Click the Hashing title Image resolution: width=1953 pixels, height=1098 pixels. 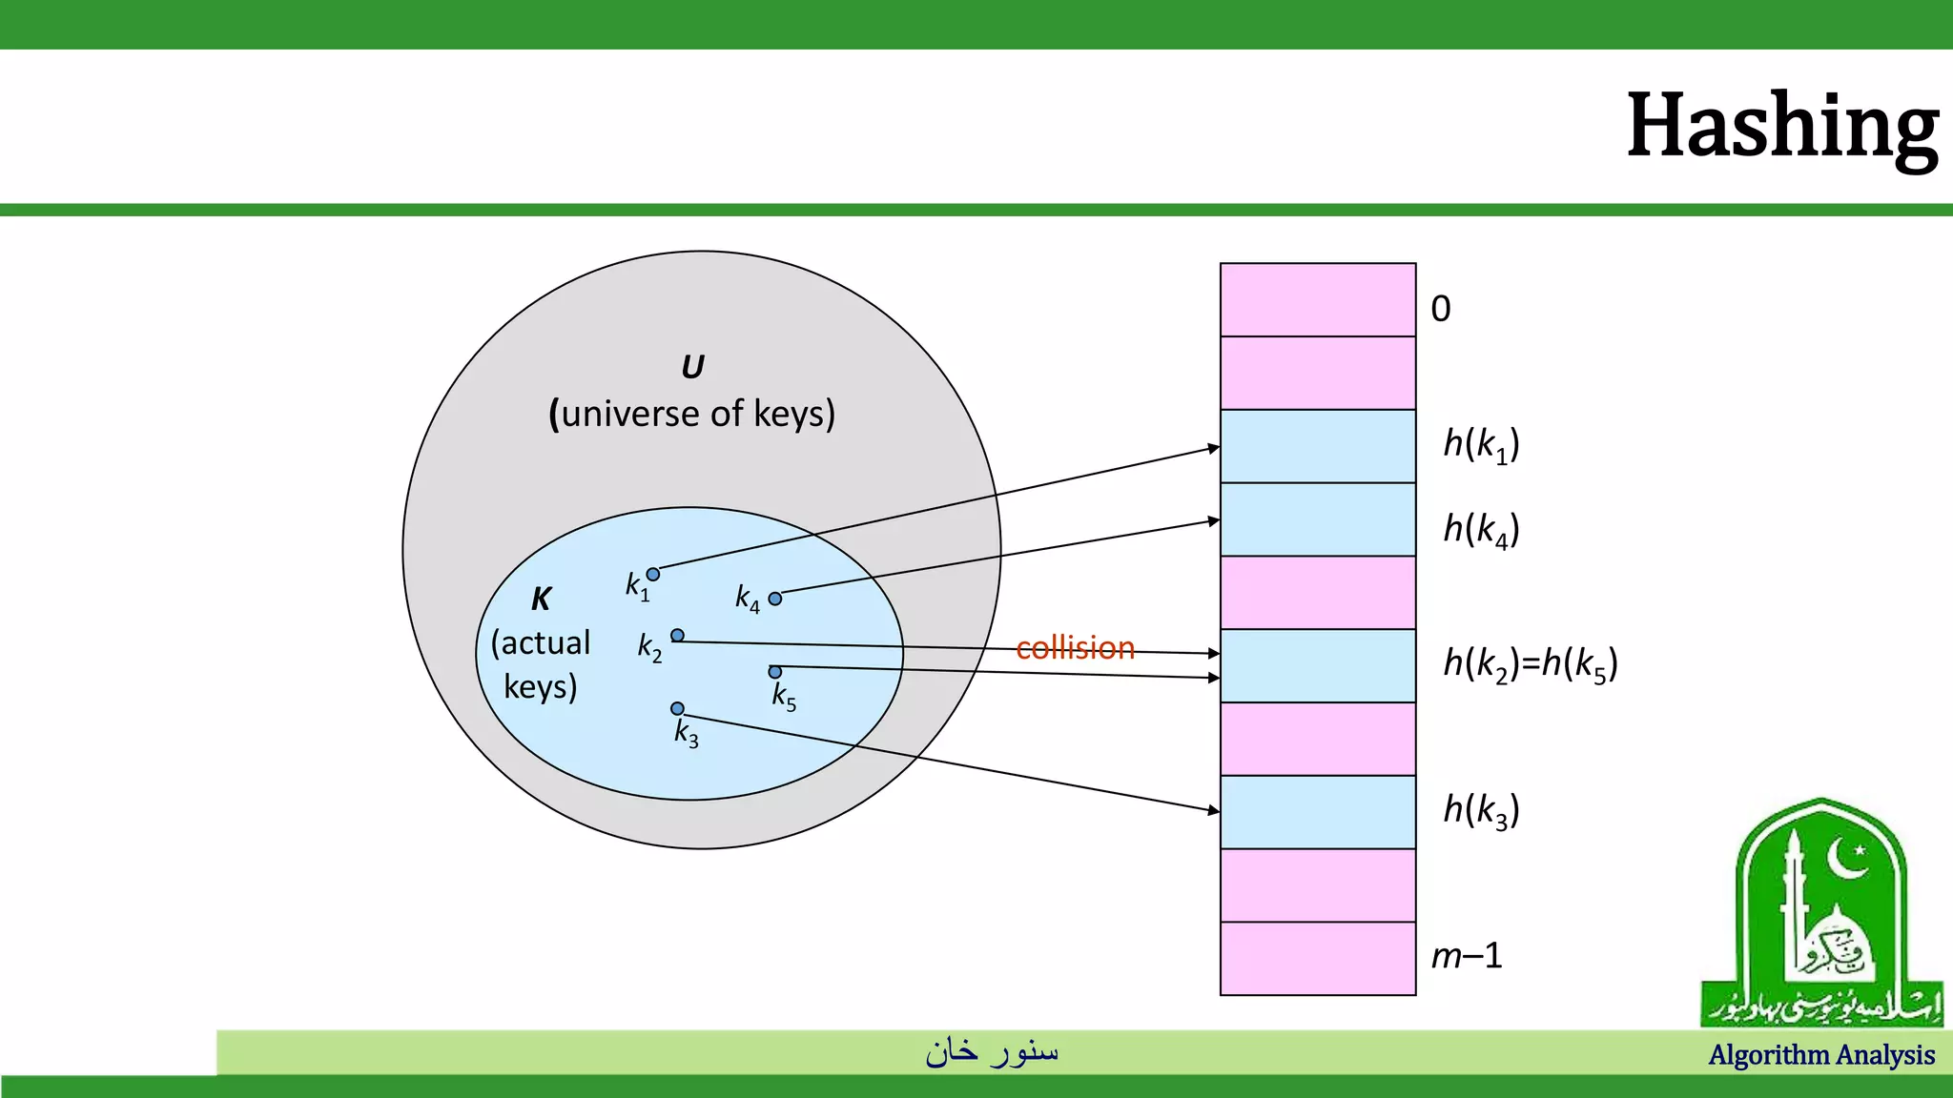pos(1781,127)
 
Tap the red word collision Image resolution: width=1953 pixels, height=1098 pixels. pos(1075,648)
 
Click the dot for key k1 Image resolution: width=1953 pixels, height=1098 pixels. pos(653,574)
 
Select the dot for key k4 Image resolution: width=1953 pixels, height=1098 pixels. pos(775,599)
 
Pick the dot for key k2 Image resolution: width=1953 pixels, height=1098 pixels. pos(677,635)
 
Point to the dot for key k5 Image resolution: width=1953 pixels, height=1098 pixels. pos(775,672)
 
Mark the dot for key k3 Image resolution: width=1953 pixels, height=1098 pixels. pos(677,708)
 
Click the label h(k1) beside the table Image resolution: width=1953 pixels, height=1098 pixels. pos(1481,444)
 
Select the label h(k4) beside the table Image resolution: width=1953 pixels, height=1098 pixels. pos(1481,529)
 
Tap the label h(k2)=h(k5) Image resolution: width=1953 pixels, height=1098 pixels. pos(1531,663)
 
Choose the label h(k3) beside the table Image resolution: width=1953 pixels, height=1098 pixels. pos(1481,810)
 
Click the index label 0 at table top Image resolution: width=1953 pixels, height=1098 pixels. pos(1440,309)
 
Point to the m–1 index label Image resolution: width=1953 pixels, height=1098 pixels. pos(1467,955)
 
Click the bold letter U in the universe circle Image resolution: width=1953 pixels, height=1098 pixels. pos(692,367)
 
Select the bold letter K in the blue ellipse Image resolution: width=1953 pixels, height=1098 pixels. pos(541,599)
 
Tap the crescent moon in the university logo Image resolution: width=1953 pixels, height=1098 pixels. pos(1846,858)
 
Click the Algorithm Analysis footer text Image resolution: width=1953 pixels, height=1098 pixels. pos(1821,1055)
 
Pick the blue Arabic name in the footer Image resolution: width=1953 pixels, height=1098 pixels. pos(992,1051)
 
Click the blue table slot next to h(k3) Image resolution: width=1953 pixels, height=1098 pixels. pos(1318,812)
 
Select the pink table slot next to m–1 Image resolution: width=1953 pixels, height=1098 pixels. pos(1318,959)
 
